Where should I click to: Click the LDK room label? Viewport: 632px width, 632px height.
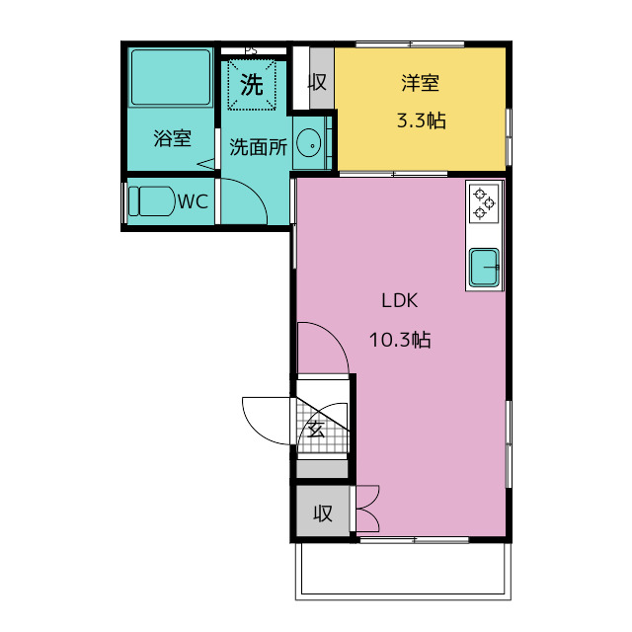399,300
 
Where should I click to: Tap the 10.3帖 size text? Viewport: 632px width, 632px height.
400,340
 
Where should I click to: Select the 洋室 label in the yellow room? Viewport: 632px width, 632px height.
420,83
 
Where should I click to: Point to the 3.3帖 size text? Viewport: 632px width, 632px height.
422,120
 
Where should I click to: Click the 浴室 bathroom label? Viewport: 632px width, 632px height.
172,138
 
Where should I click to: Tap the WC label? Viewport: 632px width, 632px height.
194,201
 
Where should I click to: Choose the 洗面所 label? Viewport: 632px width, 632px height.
259,147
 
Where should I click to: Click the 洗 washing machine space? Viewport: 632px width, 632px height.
252,85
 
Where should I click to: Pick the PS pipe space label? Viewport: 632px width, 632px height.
251,51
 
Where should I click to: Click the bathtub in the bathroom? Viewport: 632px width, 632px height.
171,77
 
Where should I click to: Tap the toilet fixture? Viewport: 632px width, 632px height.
151,201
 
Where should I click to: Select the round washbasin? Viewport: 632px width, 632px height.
309,143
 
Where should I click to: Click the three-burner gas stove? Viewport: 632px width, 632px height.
484,204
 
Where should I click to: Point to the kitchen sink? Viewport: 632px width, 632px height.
484,267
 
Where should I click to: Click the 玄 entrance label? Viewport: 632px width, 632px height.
316,430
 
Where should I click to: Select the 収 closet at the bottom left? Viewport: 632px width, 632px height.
323,512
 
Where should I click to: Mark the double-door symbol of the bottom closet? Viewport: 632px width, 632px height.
367,509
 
